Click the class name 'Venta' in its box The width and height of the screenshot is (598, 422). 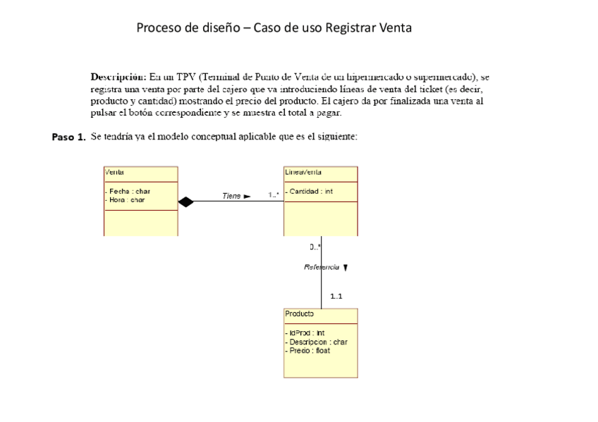click(114, 171)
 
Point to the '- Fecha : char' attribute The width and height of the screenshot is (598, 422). click(128, 192)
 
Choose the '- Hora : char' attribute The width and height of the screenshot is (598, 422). click(126, 200)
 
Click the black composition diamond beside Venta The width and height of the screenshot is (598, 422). click(185, 202)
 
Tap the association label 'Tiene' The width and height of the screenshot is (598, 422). click(231, 196)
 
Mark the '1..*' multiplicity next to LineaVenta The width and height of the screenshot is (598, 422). click(274, 194)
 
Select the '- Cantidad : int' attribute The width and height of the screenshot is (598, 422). click(310, 192)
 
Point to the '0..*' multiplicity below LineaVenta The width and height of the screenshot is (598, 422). click(315, 247)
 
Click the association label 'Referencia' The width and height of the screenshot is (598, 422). click(322, 268)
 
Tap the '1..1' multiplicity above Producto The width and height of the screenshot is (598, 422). click(336, 296)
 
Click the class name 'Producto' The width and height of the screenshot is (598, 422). click(299, 314)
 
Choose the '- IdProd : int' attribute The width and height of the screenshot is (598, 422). click(305, 333)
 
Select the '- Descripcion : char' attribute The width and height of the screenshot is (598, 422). click(316, 342)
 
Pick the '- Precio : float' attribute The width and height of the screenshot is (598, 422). click(307, 350)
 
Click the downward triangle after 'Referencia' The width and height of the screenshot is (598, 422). click(346, 268)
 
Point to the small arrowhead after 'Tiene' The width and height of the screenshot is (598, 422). click(247, 197)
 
